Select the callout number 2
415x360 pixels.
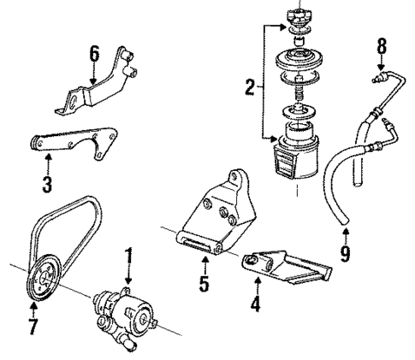pos(250,86)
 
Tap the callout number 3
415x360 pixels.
pos(47,183)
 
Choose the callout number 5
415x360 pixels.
pos(203,282)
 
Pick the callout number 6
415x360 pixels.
pos(94,54)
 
